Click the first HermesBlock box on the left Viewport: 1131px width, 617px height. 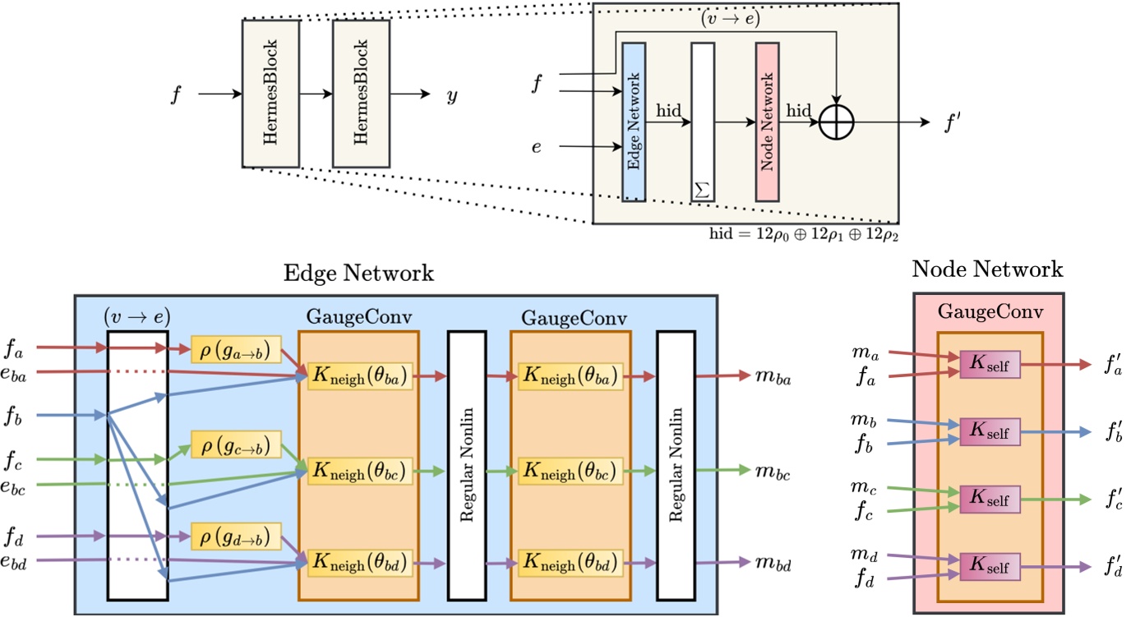(270, 94)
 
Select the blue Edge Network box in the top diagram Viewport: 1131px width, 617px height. (635, 122)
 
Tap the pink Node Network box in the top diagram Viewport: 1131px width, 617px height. (768, 122)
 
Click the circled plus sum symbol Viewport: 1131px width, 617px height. (837, 122)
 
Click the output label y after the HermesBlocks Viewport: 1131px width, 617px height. (452, 95)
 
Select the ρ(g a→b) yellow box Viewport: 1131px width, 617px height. (236, 348)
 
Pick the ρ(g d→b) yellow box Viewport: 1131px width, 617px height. (236, 536)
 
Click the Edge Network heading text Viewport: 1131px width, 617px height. (358, 273)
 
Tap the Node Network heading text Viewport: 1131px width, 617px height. (988, 269)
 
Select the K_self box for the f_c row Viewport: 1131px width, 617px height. (990, 498)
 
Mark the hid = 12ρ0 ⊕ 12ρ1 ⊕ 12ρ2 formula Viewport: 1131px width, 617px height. (801, 234)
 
